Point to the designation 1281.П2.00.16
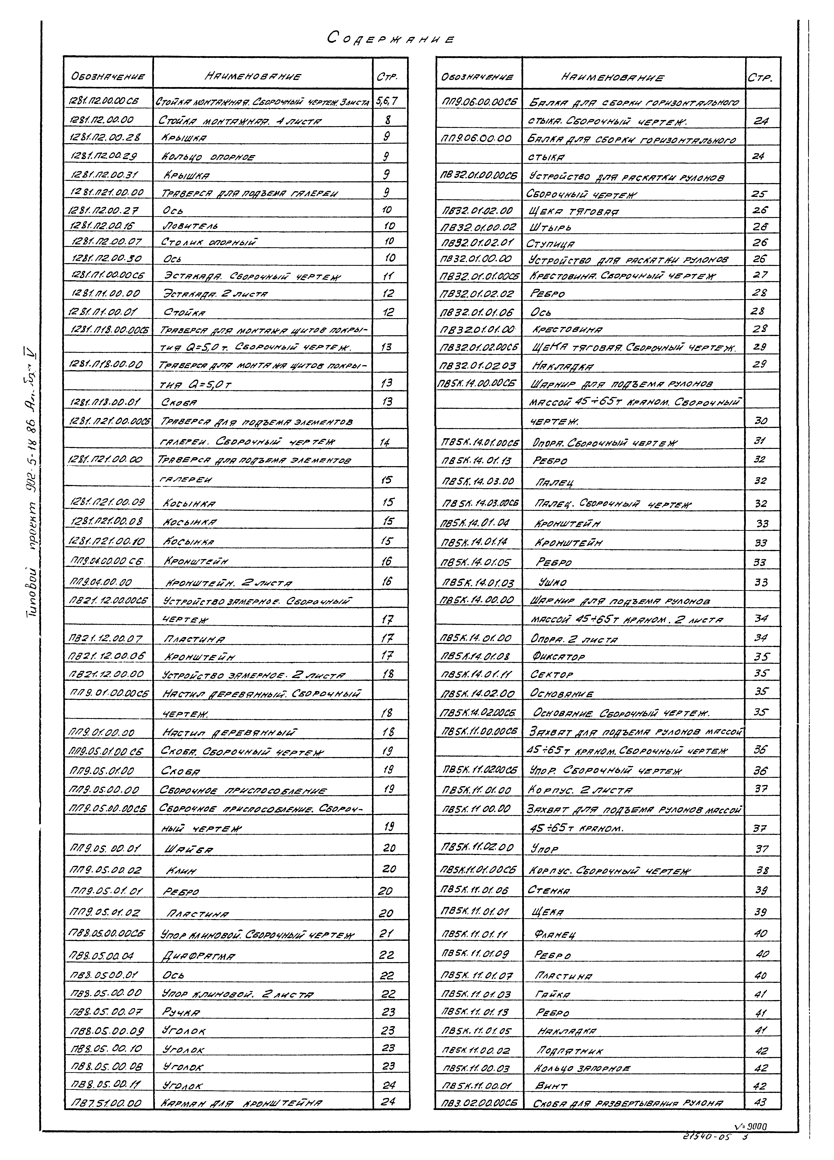(105, 225)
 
